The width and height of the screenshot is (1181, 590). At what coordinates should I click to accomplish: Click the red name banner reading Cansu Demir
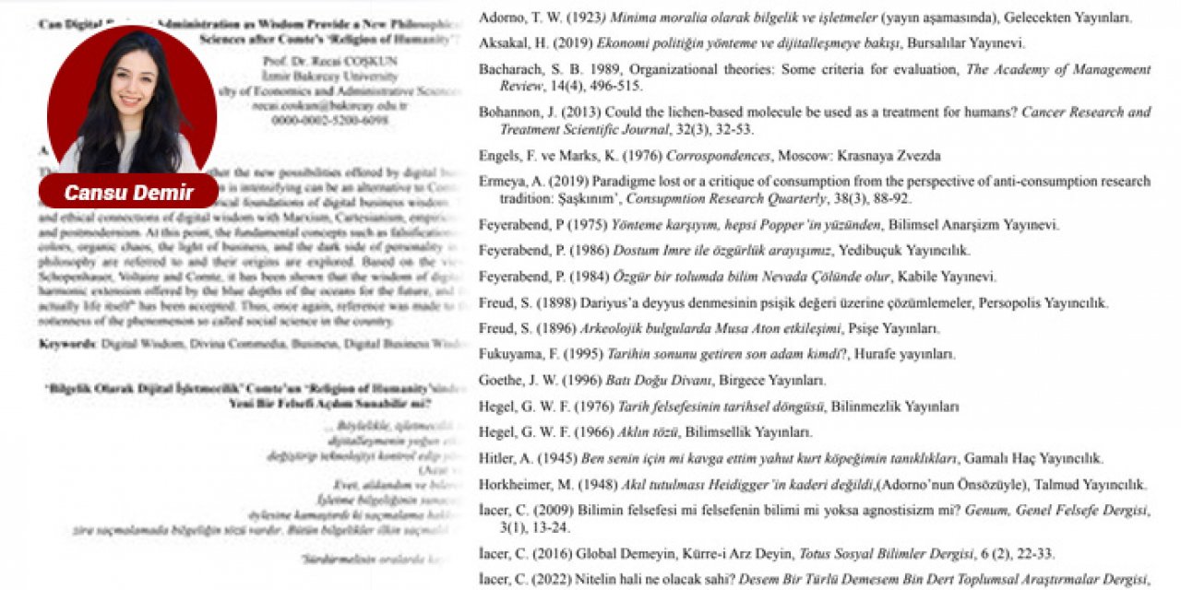point(128,193)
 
